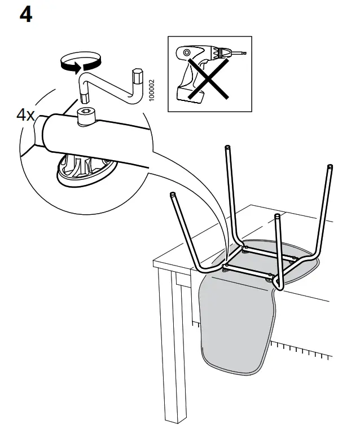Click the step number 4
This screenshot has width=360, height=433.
click(26, 15)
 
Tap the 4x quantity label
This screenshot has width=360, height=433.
click(26, 116)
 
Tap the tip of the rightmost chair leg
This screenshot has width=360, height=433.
click(328, 166)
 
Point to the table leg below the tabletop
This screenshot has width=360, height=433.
click(172, 350)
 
